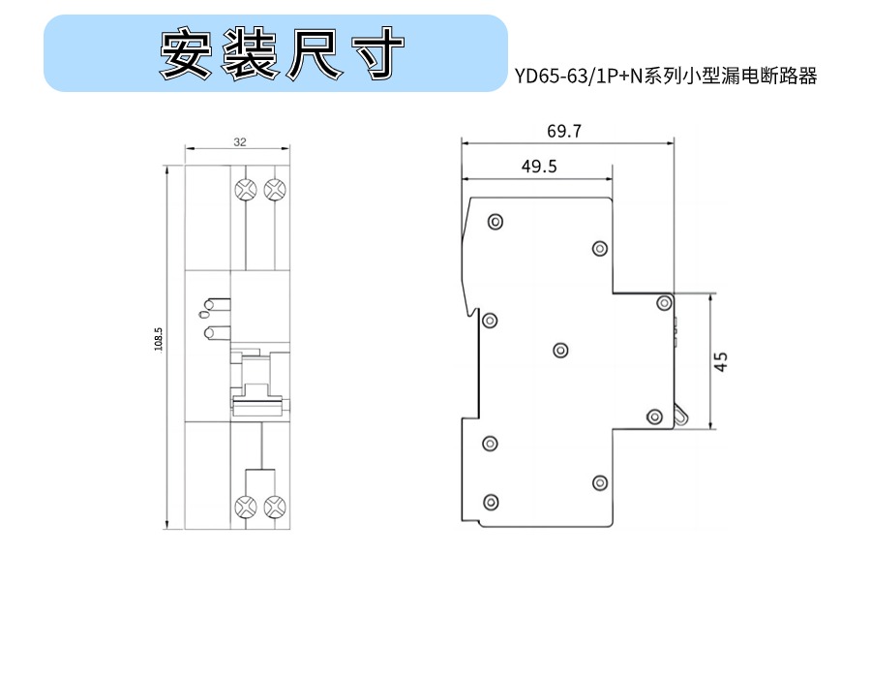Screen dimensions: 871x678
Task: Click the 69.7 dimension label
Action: pyautogui.click(x=564, y=131)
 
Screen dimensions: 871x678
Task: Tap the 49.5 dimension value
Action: pyautogui.click(x=539, y=167)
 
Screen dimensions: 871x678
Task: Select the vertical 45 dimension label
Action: pyautogui.click(x=720, y=362)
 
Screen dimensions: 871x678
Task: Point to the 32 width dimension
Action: pyautogui.click(x=239, y=141)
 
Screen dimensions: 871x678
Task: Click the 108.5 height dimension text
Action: pyautogui.click(x=159, y=339)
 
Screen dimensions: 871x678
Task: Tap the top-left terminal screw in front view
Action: pyautogui.click(x=246, y=190)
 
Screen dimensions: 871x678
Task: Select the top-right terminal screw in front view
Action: pyautogui.click(x=275, y=190)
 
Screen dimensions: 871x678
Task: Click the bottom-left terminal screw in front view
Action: pyautogui.click(x=246, y=507)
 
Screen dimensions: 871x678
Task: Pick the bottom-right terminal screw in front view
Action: pyautogui.click(x=275, y=507)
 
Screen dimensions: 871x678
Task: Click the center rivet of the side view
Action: pyautogui.click(x=560, y=350)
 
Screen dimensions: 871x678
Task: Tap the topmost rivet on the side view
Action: pyautogui.click(x=495, y=222)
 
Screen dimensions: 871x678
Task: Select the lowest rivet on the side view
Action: pyautogui.click(x=491, y=503)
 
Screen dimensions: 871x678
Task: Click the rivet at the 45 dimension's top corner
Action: pyautogui.click(x=664, y=303)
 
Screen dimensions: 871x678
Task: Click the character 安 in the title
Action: pyautogui.click(x=187, y=53)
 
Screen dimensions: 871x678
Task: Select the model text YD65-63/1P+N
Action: pyautogui.click(x=578, y=77)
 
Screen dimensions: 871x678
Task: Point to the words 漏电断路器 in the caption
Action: pyautogui.click(x=768, y=77)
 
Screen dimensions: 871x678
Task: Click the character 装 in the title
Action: pyautogui.click(x=250, y=53)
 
